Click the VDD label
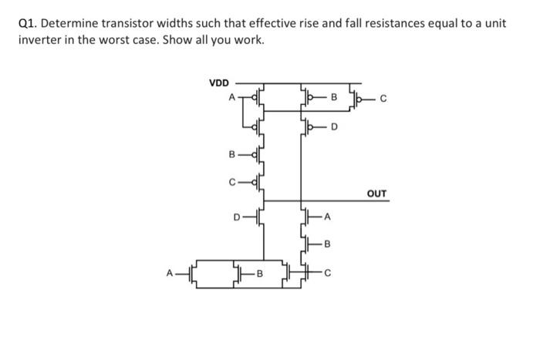[219, 82]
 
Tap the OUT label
[377, 193]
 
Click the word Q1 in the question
[28, 23]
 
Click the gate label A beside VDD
[230, 98]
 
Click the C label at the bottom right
[328, 272]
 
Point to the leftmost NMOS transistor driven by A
[194, 272]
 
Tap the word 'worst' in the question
[144, 39]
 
